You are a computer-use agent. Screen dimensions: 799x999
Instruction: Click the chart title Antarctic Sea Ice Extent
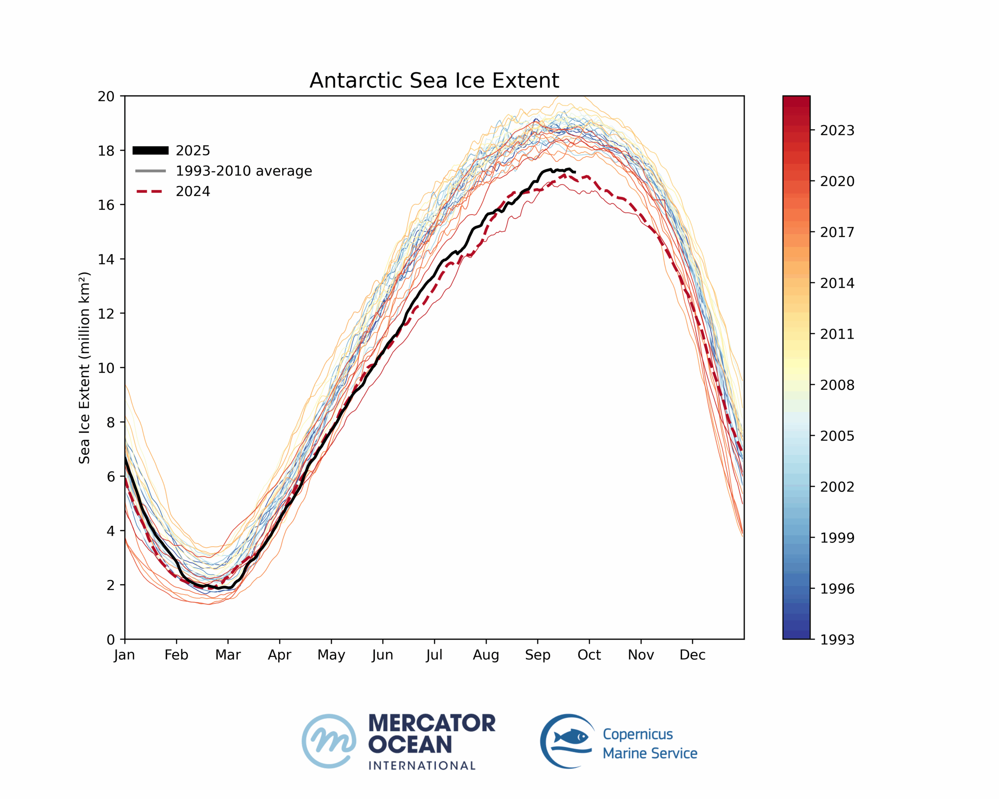(x=434, y=81)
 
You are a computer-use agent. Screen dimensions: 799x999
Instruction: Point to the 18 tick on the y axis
(x=106, y=151)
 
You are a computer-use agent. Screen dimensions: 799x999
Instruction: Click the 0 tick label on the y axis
(x=111, y=640)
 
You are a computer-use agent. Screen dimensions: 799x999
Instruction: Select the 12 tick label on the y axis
(x=106, y=314)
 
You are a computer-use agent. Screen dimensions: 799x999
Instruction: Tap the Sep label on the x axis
(x=537, y=655)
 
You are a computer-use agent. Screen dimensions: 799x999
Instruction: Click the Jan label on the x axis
(x=124, y=655)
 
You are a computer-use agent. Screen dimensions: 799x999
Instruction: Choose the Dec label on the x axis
(x=692, y=655)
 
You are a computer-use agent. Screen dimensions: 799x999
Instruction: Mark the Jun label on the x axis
(x=382, y=655)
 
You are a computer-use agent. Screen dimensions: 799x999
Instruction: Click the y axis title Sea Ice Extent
(x=84, y=368)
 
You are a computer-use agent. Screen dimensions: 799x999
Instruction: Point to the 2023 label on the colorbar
(x=837, y=131)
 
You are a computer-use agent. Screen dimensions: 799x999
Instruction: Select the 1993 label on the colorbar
(x=837, y=640)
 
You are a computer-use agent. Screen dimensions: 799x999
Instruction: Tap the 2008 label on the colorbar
(x=837, y=385)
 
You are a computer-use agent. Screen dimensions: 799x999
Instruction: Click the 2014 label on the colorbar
(x=837, y=283)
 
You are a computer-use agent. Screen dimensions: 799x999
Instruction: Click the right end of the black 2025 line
(x=574, y=172)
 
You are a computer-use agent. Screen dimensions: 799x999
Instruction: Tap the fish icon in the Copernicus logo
(x=571, y=736)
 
